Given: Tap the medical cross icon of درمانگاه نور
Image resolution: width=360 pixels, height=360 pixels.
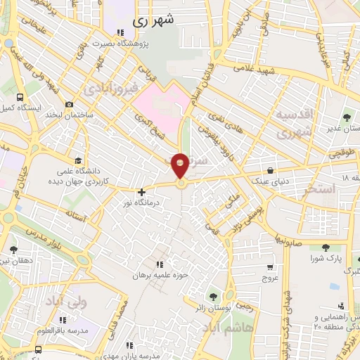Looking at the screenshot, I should [142, 191].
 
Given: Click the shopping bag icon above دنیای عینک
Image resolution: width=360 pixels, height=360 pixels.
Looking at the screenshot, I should [271, 170].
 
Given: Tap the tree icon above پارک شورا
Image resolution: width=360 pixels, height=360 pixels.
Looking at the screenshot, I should [326, 247].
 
